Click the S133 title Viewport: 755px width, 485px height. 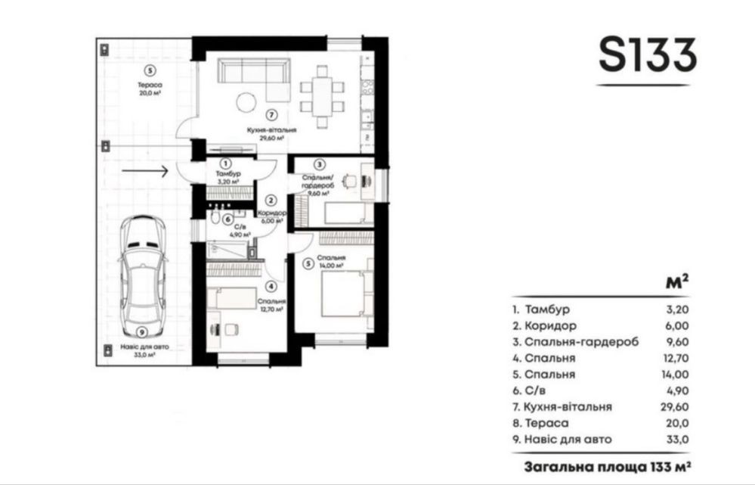pyautogui.click(x=648, y=55)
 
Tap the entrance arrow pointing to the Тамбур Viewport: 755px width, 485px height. pyautogui.click(x=144, y=171)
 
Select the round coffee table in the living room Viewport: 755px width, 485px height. pyautogui.click(x=246, y=101)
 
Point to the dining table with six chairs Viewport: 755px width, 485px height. pyautogui.click(x=322, y=96)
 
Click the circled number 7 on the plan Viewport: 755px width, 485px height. pyautogui.click(x=271, y=115)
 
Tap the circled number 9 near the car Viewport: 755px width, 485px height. pyautogui.click(x=141, y=332)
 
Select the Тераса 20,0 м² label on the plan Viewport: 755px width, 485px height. pyautogui.click(x=150, y=89)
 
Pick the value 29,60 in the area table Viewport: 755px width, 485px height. pyautogui.click(x=674, y=407)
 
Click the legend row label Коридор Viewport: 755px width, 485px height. pyautogui.click(x=550, y=326)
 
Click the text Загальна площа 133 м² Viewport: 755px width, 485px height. pyautogui.click(x=608, y=468)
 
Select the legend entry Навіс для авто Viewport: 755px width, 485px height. pyautogui.click(x=568, y=440)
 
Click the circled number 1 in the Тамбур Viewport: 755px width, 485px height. pyautogui.click(x=225, y=164)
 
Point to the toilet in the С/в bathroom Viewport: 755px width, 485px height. pyautogui.click(x=215, y=219)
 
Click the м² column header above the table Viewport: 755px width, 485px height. pyautogui.click(x=677, y=281)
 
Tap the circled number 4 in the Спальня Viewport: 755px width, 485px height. pyautogui.click(x=271, y=286)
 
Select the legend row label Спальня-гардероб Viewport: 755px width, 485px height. pyautogui.click(x=582, y=342)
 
